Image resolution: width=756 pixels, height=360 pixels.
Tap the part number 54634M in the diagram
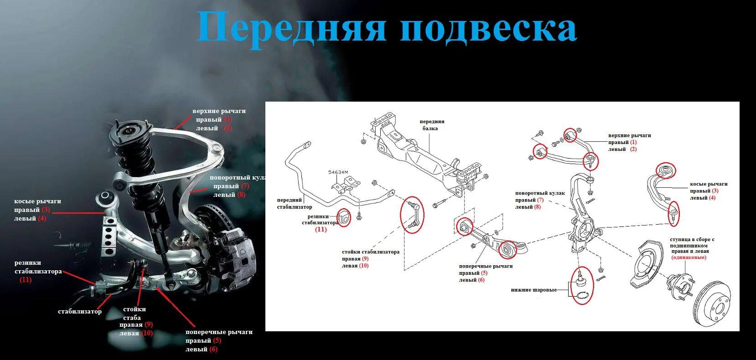point(338,172)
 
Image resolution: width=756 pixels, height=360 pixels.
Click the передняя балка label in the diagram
point(432,125)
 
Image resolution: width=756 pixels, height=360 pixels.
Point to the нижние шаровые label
point(533,290)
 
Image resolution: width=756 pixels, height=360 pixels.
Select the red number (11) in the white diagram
point(321,229)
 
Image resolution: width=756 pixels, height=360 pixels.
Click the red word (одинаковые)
point(689,257)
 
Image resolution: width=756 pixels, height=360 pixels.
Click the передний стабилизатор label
point(294,203)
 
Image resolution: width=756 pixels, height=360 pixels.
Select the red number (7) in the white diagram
point(540,200)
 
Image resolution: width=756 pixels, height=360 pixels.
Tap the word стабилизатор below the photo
point(80,311)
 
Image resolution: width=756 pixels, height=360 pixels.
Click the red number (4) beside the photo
point(42,218)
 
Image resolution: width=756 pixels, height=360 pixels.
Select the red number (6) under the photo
point(213,349)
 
